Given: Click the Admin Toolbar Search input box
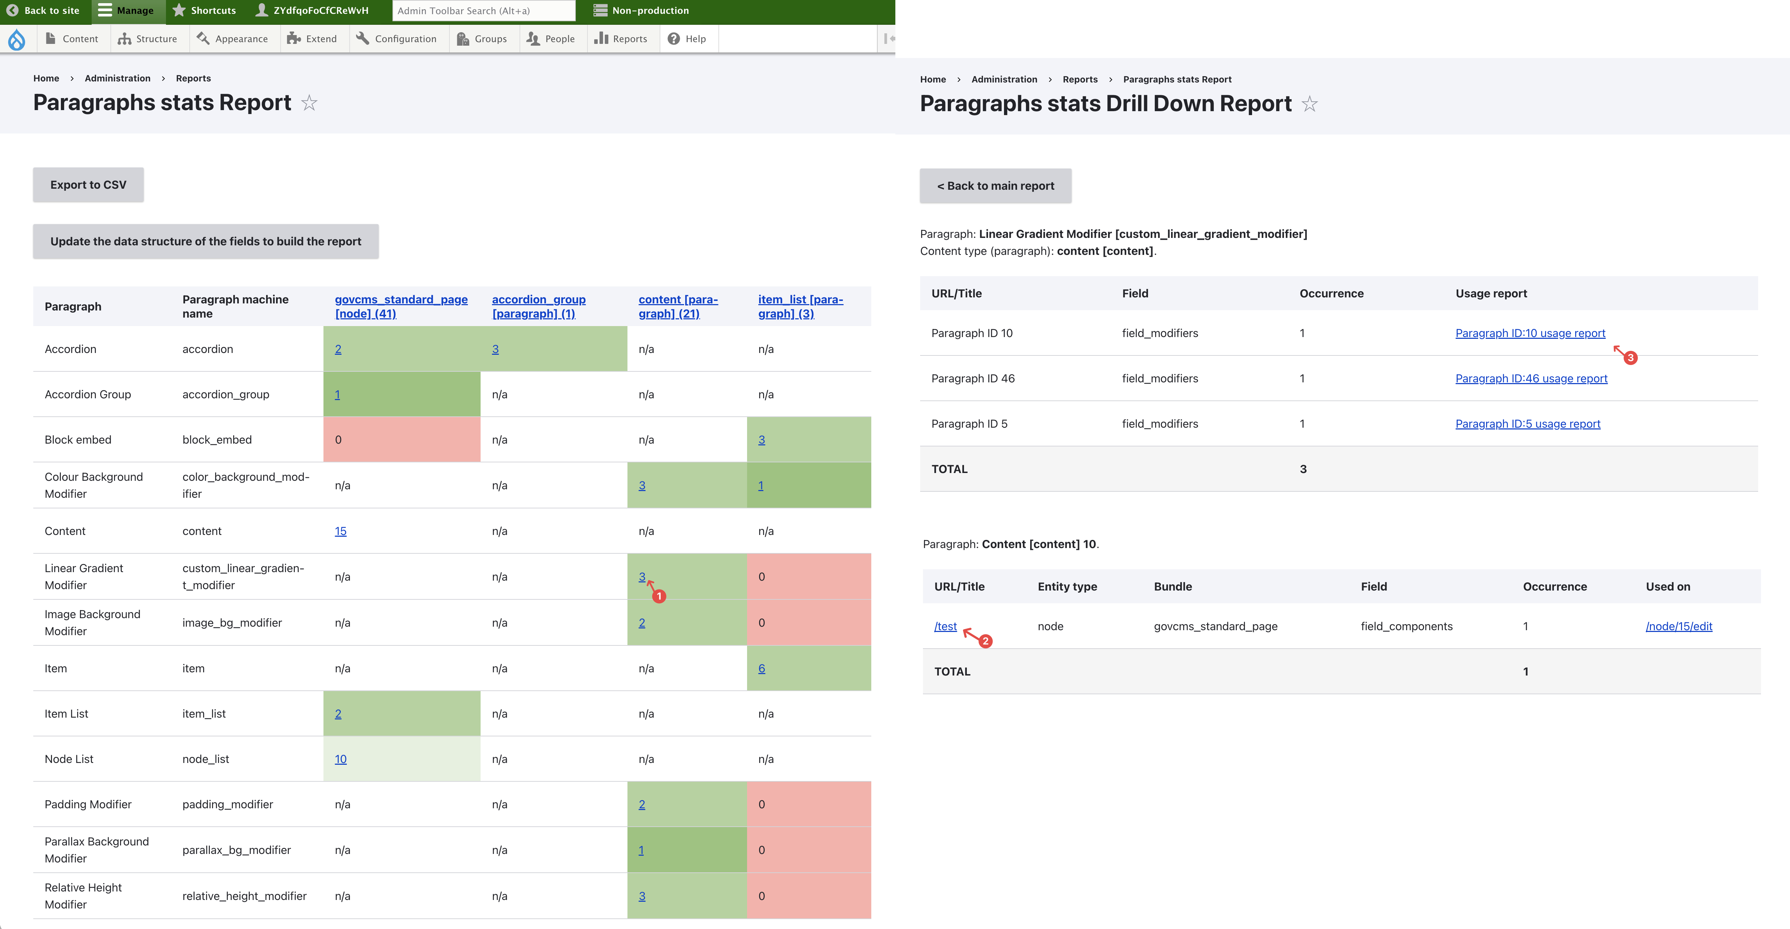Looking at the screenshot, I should [x=484, y=10].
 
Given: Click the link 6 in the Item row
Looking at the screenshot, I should [x=762, y=668].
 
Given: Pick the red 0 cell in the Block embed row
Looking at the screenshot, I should [x=402, y=439].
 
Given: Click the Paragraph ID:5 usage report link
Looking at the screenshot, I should [x=1527, y=423].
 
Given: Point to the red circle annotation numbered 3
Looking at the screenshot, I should [x=1630, y=358].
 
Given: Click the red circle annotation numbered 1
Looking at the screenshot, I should [x=659, y=596].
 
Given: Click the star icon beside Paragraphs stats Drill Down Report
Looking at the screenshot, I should [x=1310, y=104].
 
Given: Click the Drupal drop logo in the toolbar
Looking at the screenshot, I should [x=17, y=39].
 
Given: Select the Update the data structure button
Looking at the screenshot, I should [x=206, y=241].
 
